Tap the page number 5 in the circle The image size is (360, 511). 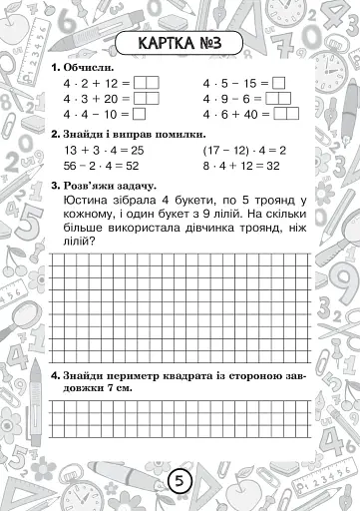180,481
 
